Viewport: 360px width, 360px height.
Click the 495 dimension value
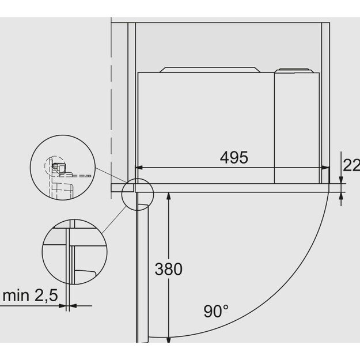[x=234, y=157]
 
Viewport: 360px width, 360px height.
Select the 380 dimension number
[x=168, y=268]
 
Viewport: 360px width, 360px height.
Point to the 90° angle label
[x=216, y=312]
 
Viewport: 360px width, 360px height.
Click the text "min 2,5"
[x=30, y=296]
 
